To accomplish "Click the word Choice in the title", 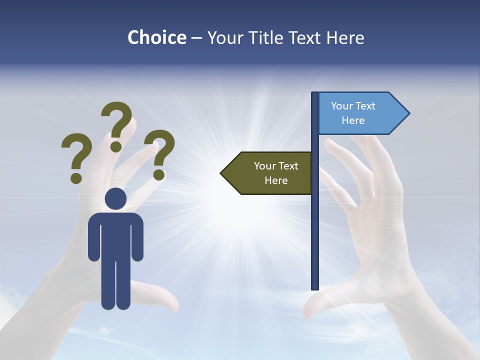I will tap(156, 37).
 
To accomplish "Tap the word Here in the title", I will tap(345, 37).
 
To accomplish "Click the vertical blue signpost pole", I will tap(315, 225).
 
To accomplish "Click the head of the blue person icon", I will tap(115, 199).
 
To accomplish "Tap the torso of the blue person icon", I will tap(115, 235).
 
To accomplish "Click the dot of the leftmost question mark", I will tap(76, 177).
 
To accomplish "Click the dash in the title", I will tap(197, 38).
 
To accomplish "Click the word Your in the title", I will tap(225, 37).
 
